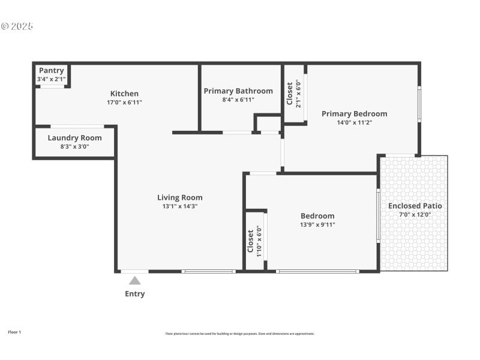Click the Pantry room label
pos(51,71)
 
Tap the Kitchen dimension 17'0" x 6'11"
pos(124,102)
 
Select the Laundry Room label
pos(74,137)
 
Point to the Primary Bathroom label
pos(238,91)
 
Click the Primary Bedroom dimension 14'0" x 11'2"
pos(354,122)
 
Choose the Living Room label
pos(179,197)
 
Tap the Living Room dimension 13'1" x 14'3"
pos(179,206)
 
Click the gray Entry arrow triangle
pos(135,280)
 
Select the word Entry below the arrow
pos(134,294)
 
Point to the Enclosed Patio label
pos(415,206)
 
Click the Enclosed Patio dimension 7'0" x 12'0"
pos(415,215)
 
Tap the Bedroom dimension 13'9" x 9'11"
pos(317,225)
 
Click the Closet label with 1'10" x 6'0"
pos(251,241)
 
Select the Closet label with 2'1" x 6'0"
pos(289,93)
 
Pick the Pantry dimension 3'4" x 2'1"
pos(51,79)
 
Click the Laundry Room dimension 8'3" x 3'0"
pos(74,146)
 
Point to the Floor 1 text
pos(14,332)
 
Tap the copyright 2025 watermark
pos(17,26)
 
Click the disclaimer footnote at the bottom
pos(239,334)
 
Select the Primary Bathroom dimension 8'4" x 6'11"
pos(238,100)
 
